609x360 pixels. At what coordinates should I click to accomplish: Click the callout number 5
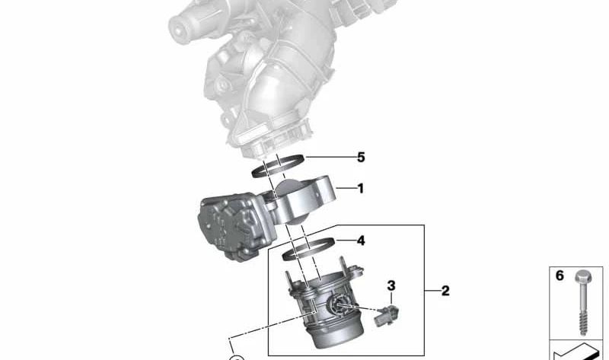click(361, 158)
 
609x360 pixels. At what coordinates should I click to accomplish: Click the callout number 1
click(360, 188)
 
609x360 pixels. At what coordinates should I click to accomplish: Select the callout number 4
click(361, 241)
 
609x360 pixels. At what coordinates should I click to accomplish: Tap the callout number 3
click(391, 285)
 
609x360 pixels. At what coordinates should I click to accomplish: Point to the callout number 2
click(445, 291)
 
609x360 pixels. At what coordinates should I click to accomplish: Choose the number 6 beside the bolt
click(560, 276)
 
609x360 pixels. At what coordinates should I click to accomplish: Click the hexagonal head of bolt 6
click(582, 277)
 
